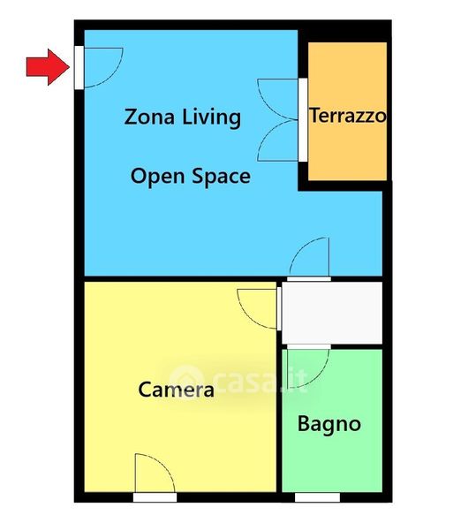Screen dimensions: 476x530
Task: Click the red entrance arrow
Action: point(49,67)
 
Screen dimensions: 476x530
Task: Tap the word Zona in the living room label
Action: point(149,117)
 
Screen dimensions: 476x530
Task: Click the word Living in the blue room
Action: point(211,117)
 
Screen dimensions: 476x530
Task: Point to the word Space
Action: point(222,177)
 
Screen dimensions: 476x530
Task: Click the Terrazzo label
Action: point(348,115)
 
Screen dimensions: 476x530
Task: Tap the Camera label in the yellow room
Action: point(176,390)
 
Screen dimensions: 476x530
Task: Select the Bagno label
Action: point(329,424)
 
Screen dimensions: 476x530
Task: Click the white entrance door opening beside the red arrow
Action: point(79,68)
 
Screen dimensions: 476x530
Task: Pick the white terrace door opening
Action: point(303,120)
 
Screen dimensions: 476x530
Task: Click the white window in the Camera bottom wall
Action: point(155,497)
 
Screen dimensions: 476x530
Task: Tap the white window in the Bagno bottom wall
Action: point(317,497)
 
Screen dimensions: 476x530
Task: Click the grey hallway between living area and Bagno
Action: point(332,313)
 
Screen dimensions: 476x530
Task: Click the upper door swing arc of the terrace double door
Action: point(270,105)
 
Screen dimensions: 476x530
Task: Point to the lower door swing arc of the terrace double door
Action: point(270,135)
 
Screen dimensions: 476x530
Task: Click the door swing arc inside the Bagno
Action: point(320,376)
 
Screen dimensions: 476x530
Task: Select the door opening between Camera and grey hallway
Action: point(279,308)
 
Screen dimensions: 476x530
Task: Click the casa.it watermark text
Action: point(238,379)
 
